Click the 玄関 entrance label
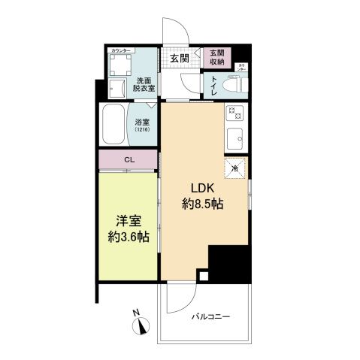178,58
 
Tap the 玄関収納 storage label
217,57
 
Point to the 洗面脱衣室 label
145,83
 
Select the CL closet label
129,159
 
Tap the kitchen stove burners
233,115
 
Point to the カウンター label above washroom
120,50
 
